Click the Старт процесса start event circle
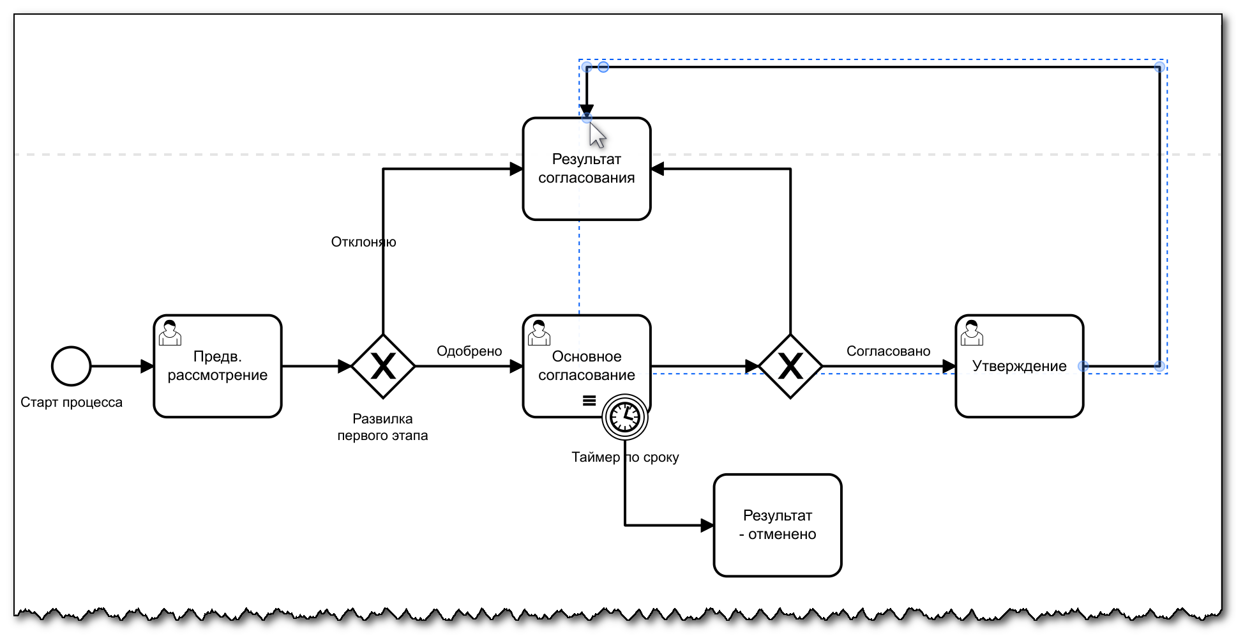coord(71,366)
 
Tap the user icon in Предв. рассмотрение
coord(170,333)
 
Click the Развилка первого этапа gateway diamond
coord(383,366)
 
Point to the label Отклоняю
coord(363,242)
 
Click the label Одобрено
coord(469,351)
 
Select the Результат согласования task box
coord(586,192)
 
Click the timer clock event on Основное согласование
coord(625,418)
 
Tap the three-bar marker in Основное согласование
coord(589,400)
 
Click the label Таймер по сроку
coord(625,457)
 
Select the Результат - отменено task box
coord(777,525)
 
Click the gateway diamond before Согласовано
coord(790,366)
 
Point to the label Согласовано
coord(888,351)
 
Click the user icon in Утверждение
coord(972,333)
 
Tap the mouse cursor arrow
coord(596,134)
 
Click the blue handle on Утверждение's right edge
coord(1083,366)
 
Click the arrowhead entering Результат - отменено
coord(707,526)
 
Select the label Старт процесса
coord(72,402)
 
